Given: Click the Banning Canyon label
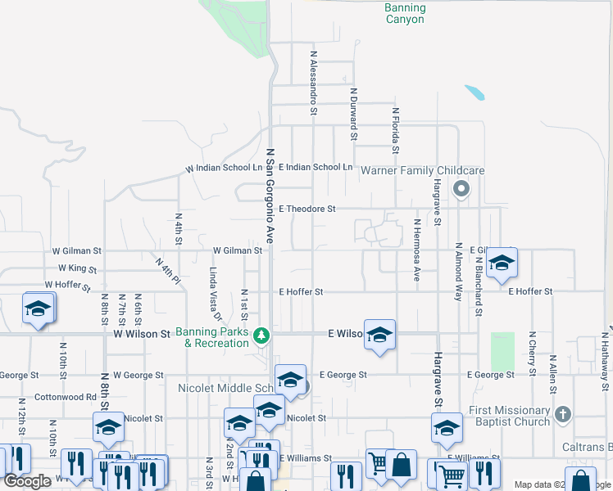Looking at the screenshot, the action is [405, 13].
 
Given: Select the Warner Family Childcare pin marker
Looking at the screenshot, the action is [461, 190].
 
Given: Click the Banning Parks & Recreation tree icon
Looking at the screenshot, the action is [261, 336].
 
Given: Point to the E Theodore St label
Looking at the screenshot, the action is [307, 209].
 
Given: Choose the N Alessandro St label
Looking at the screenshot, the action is [313, 79].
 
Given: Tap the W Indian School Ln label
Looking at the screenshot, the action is [224, 168].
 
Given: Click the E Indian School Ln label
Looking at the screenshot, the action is [316, 167].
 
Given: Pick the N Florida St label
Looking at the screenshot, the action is [394, 130].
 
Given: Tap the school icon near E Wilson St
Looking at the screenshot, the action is [379, 334].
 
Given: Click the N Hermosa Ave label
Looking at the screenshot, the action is [417, 250].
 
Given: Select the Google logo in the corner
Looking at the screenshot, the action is [28, 481].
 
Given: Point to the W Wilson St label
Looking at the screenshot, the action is [142, 334].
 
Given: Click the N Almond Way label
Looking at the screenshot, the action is [458, 272].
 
